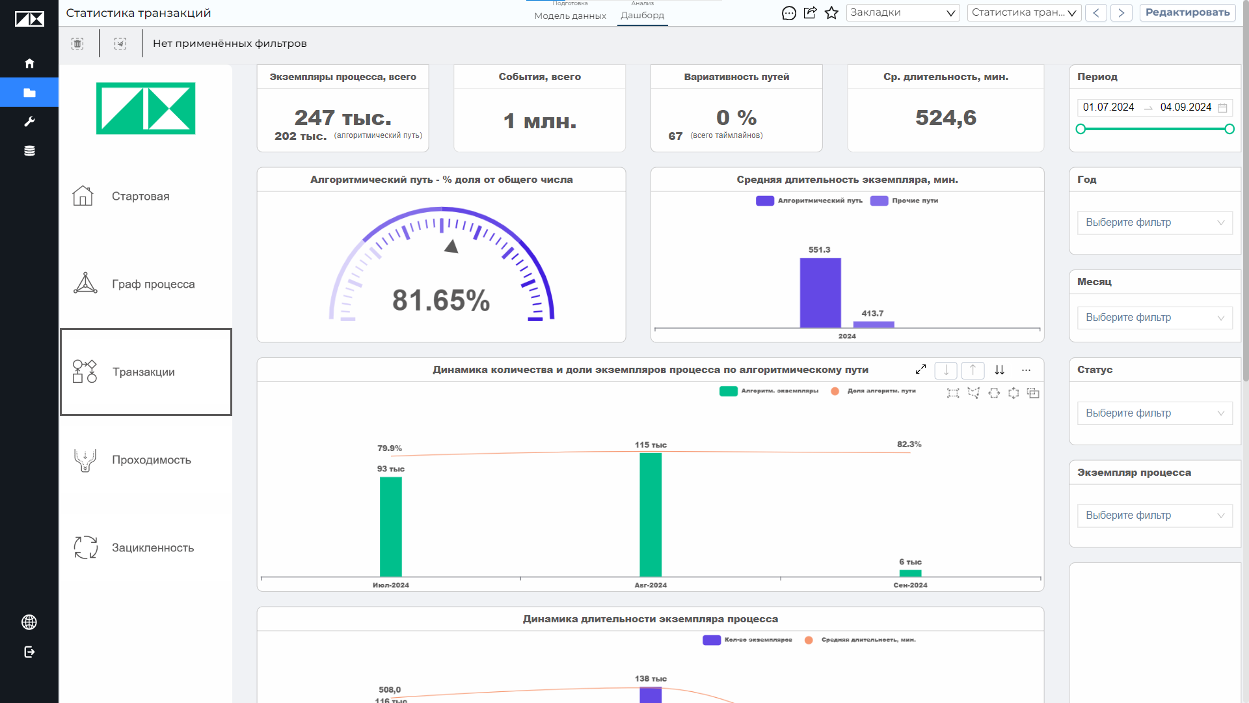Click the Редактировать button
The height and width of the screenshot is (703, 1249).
click(x=1187, y=12)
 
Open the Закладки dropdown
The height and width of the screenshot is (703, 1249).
click(x=902, y=12)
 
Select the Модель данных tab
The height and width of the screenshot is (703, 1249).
click(x=570, y=16)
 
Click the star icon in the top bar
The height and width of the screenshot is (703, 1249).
click(x=831, y=12)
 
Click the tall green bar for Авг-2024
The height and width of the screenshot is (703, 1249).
click(x=651, y=515)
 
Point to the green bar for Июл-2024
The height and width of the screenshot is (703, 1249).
click(x=391, y=527)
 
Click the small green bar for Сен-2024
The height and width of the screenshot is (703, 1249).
click(x=910, y=573)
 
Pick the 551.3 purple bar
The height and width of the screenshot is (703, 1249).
click(x=820, y=293)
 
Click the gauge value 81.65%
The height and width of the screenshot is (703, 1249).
click(x=441, y=300)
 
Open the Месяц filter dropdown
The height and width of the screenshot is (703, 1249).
click(x=1155, y=318)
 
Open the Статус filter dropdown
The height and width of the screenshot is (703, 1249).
click(x=1155, y=413)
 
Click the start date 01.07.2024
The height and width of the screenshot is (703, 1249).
click(x=1108, y=107)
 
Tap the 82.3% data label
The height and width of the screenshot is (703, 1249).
click(x=909, y=444)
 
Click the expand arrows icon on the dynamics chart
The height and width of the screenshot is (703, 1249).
click(x=920, y=370)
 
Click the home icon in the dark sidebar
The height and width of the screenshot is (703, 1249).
click(x=29, y=63)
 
